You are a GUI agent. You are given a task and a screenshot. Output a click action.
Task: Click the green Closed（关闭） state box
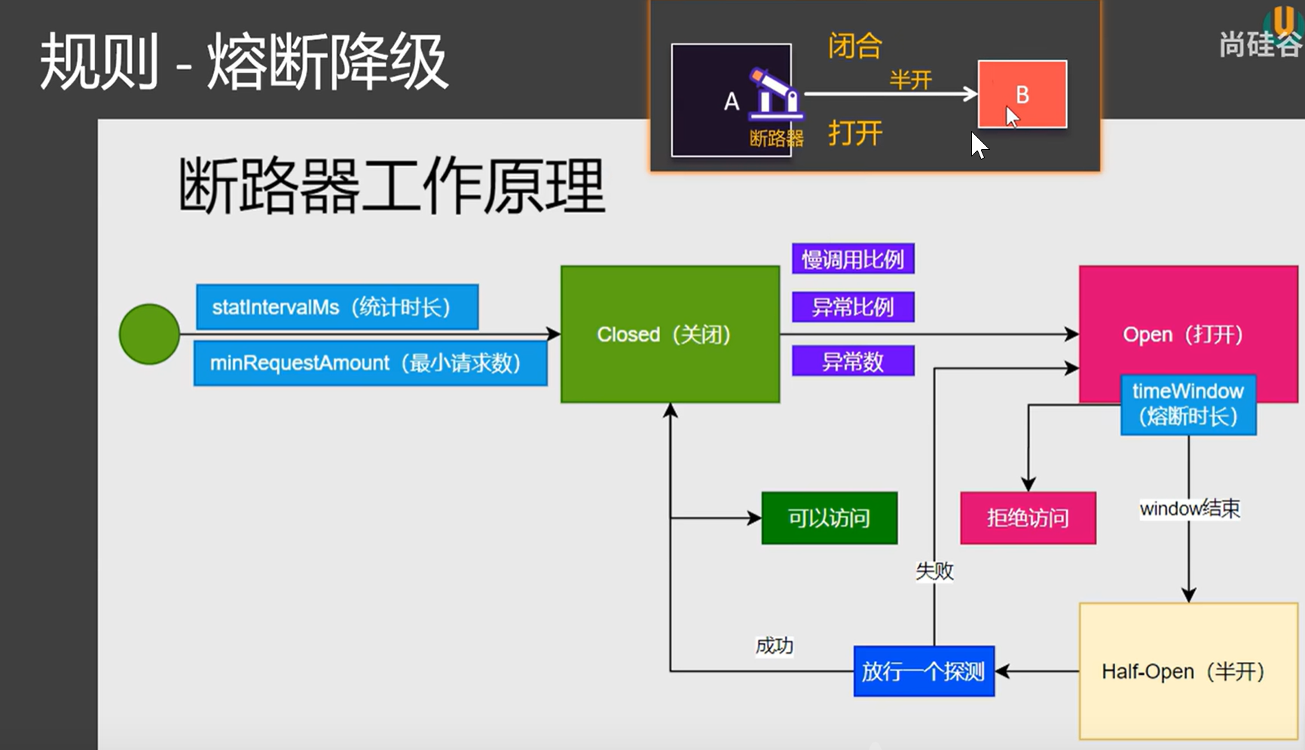coord(670,334)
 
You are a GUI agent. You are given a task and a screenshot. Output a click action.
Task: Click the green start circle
coord(149,334)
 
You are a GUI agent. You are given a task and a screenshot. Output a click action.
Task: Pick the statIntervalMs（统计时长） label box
coord(337,307)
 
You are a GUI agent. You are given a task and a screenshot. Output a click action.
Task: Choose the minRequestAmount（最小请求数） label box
coord(370,363)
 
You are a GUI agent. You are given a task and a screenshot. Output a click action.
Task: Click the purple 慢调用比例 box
coord(853,259)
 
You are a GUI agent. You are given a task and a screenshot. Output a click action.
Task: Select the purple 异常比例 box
coord(853,307)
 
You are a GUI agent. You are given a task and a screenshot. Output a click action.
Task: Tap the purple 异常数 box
coord(853,361)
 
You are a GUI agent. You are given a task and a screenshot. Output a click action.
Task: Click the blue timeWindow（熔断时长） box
coord(1188,404)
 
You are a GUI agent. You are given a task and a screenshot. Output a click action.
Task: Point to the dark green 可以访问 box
coord(829,518)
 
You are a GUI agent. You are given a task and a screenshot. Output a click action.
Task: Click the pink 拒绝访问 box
coord(1028,518)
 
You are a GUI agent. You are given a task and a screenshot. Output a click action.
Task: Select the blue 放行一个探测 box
coord(924,671)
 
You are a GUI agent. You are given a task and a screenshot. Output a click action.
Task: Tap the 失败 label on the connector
coord(934,571)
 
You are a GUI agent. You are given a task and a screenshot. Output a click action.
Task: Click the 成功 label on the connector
coord(775,645)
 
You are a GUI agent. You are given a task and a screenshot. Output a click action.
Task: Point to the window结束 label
coord(1190,509)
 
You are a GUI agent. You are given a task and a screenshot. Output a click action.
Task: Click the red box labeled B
coord(1022,94)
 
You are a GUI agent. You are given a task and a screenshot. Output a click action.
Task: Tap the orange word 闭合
coord(855,46)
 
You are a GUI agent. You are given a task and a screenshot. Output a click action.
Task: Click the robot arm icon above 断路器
coord(775,95)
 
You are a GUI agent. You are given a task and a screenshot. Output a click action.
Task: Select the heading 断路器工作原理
coord(392,185)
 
